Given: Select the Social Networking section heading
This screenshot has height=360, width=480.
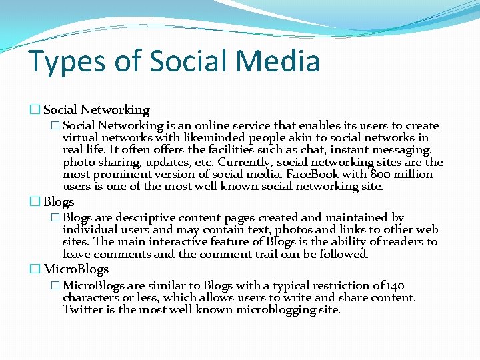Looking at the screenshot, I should point(96,110).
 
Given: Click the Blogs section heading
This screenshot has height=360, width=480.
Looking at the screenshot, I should point(59,202).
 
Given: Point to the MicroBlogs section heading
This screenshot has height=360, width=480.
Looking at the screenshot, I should point(75,269).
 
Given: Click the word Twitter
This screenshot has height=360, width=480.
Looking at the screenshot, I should point(81,310).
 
